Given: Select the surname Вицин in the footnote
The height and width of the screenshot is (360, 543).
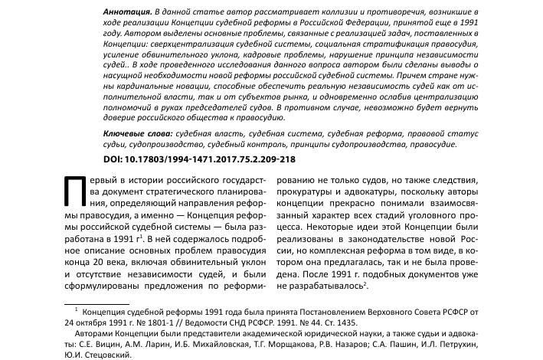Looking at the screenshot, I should (91, 345).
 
